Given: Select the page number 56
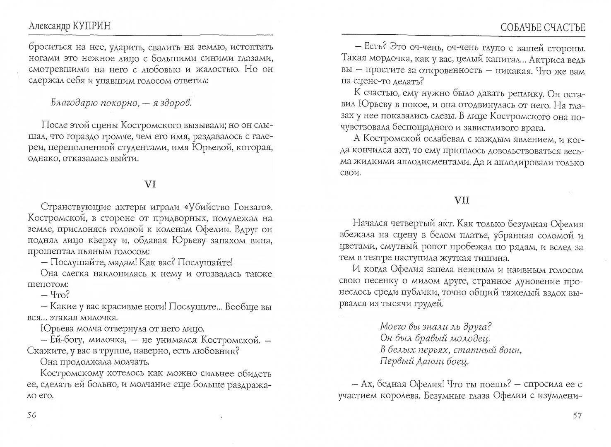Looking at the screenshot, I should [32, 416].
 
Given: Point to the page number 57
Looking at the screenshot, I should [577, 416].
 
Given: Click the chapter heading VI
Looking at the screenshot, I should [150, 185].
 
